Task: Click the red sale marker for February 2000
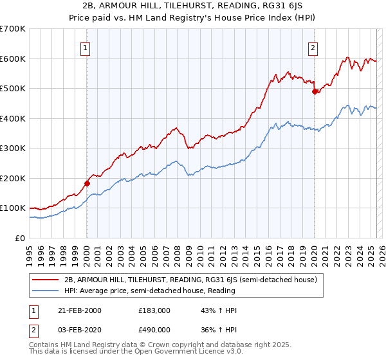coord(87,183)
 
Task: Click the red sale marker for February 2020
coord(315,92)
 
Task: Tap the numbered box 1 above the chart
coord(86,46)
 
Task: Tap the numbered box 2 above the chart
coord(313,46)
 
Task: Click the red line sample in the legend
coord(46,280)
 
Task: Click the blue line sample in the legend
coord(46,291)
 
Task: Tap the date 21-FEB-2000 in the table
coord(80,310)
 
